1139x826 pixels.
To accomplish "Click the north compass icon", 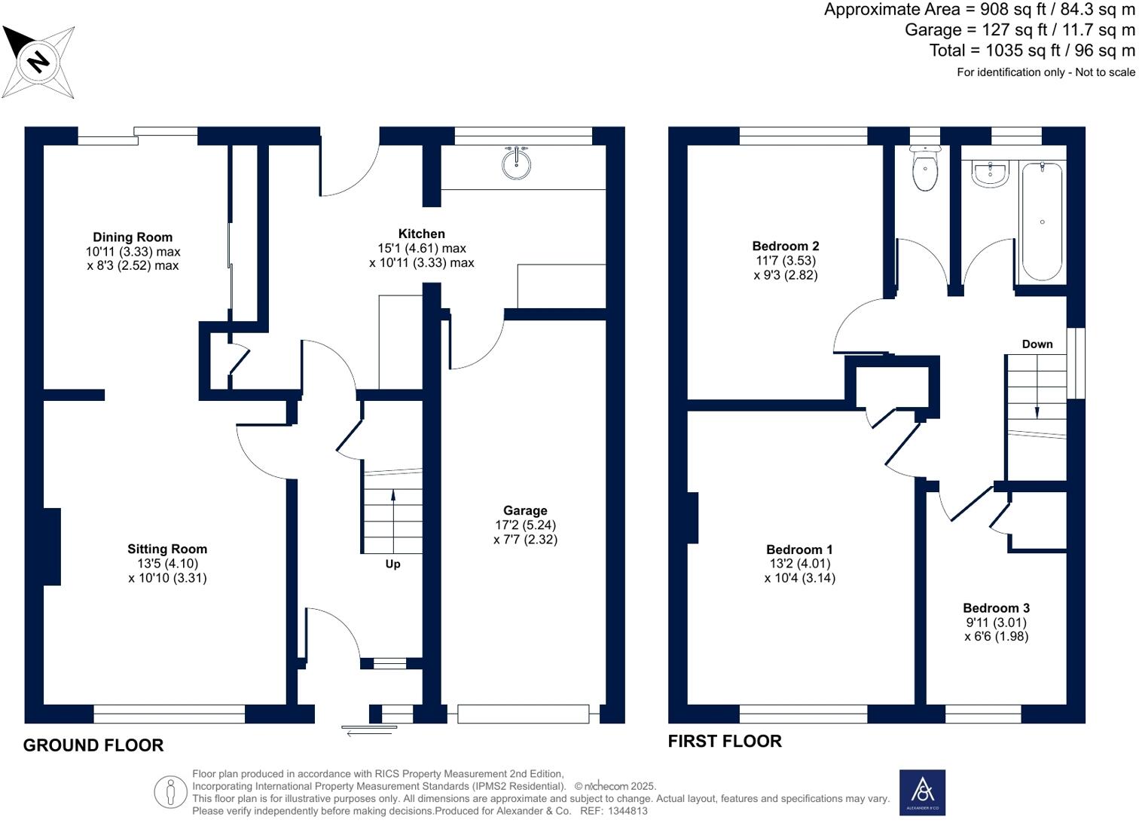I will pos(38,61).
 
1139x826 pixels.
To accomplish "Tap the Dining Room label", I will pos(133,237).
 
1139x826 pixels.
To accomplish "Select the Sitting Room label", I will pos(166,549).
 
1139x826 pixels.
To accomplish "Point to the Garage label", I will pos(525,511).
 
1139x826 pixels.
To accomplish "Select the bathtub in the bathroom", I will pos(1042,222).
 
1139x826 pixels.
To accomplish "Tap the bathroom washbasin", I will pos(990,173).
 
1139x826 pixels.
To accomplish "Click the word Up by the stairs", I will pos(392,564).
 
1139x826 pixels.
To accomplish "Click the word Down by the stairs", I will pos(1037,344).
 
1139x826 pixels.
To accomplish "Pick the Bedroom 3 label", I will pos(996,608).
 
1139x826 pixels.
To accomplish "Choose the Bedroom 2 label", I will pos(785,246).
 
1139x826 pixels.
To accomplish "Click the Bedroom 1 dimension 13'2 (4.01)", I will pos(799,564).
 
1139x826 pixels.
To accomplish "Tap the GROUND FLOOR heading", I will pos(93,745).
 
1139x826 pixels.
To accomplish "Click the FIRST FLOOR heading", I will pos(724,741).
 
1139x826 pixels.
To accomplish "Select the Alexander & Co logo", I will pos(922,792).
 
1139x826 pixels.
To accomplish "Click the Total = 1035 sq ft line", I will pos(1031,50).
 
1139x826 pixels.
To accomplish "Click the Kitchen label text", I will pos(421,234).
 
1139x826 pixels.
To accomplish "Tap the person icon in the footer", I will pos(170,792).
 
